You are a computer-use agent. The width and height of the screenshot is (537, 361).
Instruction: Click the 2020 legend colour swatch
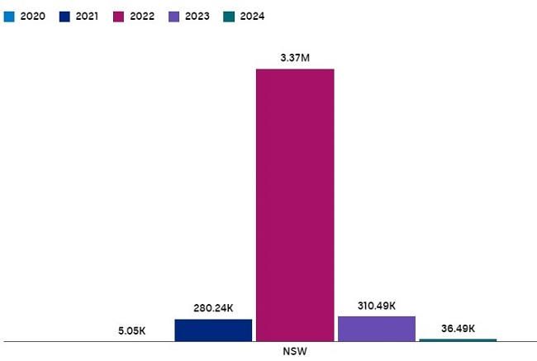tap(9, 16)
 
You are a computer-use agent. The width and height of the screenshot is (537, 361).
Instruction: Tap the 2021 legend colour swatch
tap(65, 16)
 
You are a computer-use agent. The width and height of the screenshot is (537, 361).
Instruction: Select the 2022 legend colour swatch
tap(119, 16)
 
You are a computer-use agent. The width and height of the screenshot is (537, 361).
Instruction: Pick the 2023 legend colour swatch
tap(174, 16)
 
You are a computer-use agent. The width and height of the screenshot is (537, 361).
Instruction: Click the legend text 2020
tap(32, 16)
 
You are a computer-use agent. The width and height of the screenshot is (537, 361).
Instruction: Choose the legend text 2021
tap(88, 16)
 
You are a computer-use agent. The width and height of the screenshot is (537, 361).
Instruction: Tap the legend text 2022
tap(142, 16)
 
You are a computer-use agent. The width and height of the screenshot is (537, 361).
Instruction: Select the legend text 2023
tap(197, 16)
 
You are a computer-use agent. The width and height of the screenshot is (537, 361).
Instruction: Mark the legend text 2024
tap(252, 16)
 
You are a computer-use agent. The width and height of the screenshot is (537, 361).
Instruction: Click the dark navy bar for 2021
tap(213, 330)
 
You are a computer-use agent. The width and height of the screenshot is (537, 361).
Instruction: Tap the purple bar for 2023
tap(376, 328)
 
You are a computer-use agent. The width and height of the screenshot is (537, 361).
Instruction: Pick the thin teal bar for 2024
tap(458, 340)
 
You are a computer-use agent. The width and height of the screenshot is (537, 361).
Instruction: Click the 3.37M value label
tap(295, 58)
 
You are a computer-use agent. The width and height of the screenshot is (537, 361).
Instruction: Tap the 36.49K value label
tap(458, 328)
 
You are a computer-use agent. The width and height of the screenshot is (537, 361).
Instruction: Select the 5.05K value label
tap(131, 330)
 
